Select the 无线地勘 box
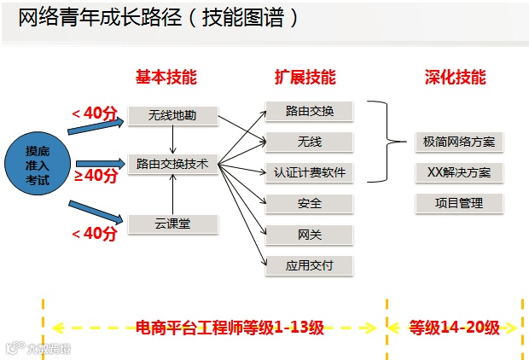[x=172, y=114]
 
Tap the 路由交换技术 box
[x=172, y=164]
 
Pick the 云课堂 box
[x=172, y=224]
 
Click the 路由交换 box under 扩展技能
[x=309, y=111]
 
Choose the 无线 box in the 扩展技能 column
[x=309, y=142]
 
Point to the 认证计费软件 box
[x=309, y=172]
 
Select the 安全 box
[x=309, y=203]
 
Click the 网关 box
[x=309, y=234]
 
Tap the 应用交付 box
[x=309, y=265]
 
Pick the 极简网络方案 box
[x=458, y=142]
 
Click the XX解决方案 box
[x=458, y=172]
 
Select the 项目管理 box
[x=458, y=203]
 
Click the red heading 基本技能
[x=166, y=77]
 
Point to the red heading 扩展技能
[x=305, y=77]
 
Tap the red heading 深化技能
[x=456, y=77]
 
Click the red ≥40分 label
[x=96, y=175]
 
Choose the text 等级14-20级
[x=455, y=327]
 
